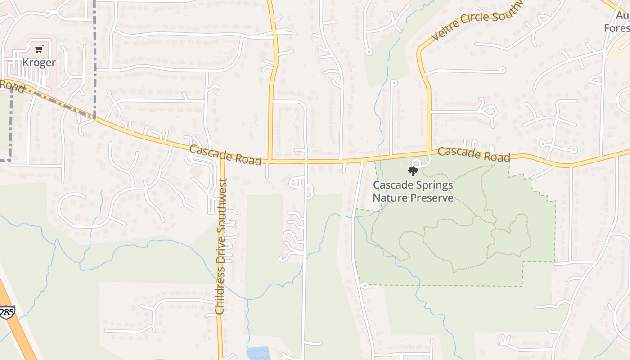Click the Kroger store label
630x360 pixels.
(39, 63)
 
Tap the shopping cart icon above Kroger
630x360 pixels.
(39, 49)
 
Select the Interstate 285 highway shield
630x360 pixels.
(7, 312)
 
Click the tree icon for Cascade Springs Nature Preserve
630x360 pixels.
(413, 171)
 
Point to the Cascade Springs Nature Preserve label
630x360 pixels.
(413, 191)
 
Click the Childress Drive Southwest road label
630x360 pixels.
(221, 246)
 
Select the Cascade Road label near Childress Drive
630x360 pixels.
(225, 155)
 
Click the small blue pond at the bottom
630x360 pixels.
(258, 353)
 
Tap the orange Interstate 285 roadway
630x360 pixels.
(18, 333)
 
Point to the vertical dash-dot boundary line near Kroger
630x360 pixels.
(94, 54)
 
